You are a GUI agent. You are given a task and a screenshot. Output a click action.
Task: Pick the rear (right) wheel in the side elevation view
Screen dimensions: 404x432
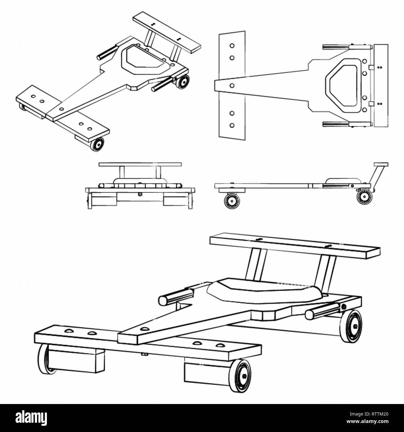(x=365, y=197)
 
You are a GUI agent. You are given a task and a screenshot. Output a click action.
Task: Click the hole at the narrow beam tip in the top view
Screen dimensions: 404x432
(x=232, y=85)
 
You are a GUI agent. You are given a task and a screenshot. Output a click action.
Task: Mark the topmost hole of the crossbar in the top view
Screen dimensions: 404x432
(x=232, y=46)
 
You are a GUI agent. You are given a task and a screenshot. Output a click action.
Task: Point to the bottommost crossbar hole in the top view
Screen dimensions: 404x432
(x=232, y=125)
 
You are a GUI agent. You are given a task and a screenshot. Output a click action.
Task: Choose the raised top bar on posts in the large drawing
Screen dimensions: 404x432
(x=295, y=245)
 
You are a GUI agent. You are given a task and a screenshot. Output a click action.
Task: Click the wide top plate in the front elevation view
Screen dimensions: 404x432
(x=140, y=164)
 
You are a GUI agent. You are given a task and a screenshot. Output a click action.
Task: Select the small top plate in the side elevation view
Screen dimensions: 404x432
(x=381, y=164)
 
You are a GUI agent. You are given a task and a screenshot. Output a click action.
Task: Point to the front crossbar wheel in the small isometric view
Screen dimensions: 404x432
(x=97, y=144)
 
